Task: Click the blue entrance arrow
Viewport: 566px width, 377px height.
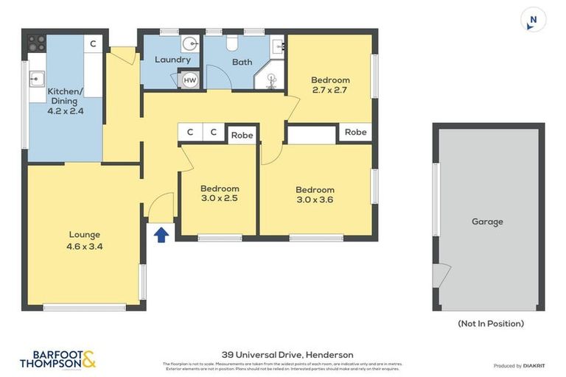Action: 161,234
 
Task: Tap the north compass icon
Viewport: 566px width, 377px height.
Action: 531,20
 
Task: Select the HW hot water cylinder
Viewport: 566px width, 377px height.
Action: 189,80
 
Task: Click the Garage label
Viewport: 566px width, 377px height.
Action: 487,222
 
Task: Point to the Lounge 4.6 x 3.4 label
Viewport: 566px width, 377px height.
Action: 84,241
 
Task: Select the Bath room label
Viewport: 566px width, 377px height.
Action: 242,62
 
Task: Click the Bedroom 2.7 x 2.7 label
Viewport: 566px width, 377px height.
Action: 329,85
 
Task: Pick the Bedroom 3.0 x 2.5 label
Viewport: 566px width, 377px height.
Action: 219,193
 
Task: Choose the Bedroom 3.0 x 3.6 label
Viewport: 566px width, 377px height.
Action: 315,194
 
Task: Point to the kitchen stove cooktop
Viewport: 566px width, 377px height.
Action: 35,43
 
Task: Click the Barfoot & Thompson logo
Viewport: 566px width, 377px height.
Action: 57,359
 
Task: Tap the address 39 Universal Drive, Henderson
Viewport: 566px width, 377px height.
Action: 287,354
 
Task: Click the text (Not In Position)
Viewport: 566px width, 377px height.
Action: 491,323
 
